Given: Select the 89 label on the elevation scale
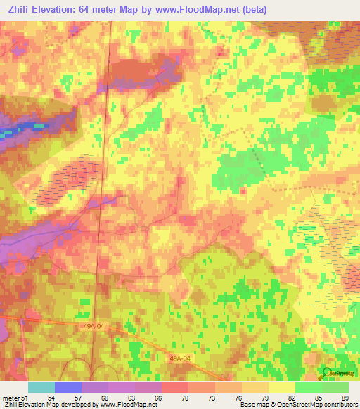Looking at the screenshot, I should [344, 398].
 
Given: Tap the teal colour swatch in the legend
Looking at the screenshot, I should [41, 387].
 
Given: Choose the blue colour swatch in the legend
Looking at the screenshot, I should [68, 387].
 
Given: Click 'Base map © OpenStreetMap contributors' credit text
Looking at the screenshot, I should [297, 405].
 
